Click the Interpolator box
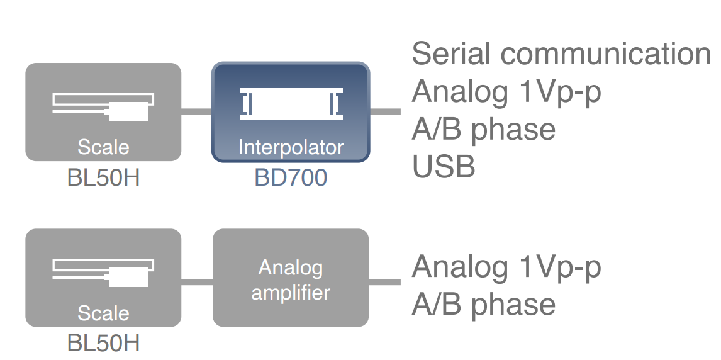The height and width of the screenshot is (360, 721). pyautogui.click(x=291, y=112)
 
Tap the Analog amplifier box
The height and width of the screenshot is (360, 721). pyautogui.click(x=291, y=278)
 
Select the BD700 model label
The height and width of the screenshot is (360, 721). pyautogui.click(x=291, y=177)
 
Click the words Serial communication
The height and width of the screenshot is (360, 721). pyautogui.click(x=561, y=53)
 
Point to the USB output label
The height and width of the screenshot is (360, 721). pyautogui.click(x=444, y=166)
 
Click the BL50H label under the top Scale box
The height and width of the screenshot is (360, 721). pyautogui.click(x=103, y=177)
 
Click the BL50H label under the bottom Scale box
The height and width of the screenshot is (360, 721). pyautogui.click(x=103, y=343)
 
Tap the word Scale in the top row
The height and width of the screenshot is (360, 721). pyautogui.click(x=103, y=147)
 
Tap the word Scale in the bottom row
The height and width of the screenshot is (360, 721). pyautogui.click(x=103, y=313)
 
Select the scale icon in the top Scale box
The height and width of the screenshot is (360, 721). pyautogui.click(x=103, y=107)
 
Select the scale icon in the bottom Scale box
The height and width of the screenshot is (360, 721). pyautogui.click(x=103, y=273)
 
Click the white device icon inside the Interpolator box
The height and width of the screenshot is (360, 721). pyautogui.click(x=291, y=104)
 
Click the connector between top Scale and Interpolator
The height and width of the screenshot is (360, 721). pyautogui.click(x=197, y=111)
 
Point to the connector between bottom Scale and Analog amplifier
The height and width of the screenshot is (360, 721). pyautogui.click(x=197, y=281)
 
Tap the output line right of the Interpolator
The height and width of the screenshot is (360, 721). pyautogui.click(x=385, y=111)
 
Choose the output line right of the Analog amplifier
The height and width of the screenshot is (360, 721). pyautogui.click(x=385, y=281)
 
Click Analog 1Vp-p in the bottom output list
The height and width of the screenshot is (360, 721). pyautogui.click(x=506, y=267)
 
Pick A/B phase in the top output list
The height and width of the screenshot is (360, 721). pyautogui.click(x=484, y=130)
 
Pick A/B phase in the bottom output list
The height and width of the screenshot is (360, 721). pyautogui.click(x=484, y=305)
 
